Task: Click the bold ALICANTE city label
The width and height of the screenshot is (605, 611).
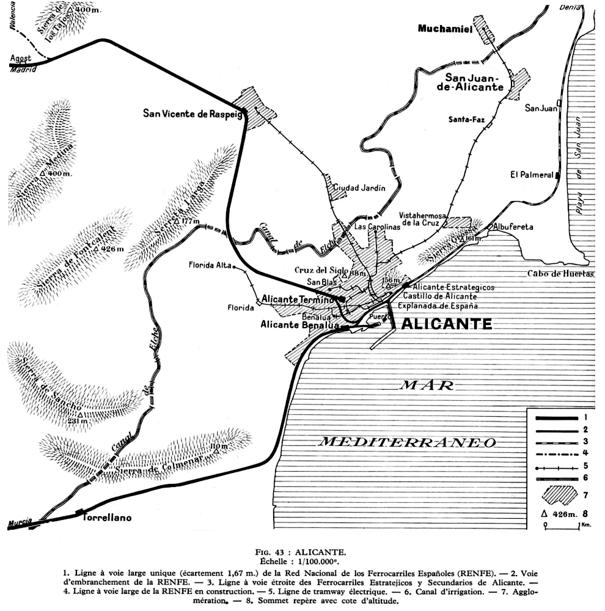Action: pos(446,324)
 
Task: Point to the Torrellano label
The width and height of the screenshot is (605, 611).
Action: pos(106,518)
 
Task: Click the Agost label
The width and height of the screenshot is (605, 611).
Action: pos(21,58)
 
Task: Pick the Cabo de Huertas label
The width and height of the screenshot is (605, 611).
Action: pos(561,274)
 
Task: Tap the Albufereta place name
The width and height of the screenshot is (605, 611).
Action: pos(513,227)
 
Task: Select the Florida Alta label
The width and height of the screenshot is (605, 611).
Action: pos(207,266)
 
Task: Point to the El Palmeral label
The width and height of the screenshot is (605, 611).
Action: pos(532,175)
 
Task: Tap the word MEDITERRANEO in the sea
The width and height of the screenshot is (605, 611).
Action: pos(409,442)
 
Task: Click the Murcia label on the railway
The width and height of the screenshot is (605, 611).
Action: pos(21,522)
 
